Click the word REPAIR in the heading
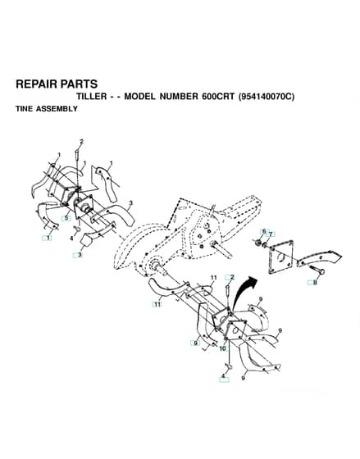[x=33, y=84]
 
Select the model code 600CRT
[x=218, y=97]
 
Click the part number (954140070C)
[x=267, y=97]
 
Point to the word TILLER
[x=92, y=97]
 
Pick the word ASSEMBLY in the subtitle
[x=57, y=109]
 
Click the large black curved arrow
[x=244, y=293]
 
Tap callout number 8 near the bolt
[x=315, y=283]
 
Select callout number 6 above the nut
[x=264, y=231]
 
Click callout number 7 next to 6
[x=271, y=234]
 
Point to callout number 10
[x=222, y=348]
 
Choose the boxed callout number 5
[x=66, y=218]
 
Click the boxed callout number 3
[x=78, y=255]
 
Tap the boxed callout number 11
[x=157, y=304]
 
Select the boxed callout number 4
[x=224, y=378]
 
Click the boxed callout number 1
[x=48, y=238]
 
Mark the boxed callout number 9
[x=195, y=343]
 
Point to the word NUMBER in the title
[x=179, y=97]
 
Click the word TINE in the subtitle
[x=25, y=109]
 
